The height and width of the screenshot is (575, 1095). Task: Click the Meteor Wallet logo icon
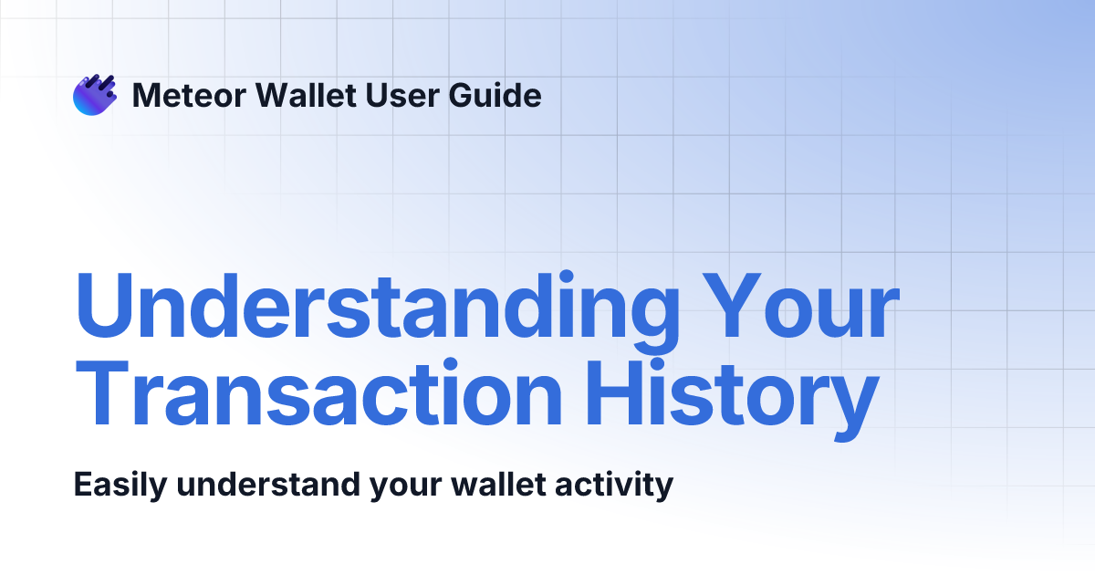(x=95, y=95)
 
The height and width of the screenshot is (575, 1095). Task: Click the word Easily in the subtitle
(x=120, y=484)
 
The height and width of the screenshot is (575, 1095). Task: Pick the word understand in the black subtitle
(x=267, y=484)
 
